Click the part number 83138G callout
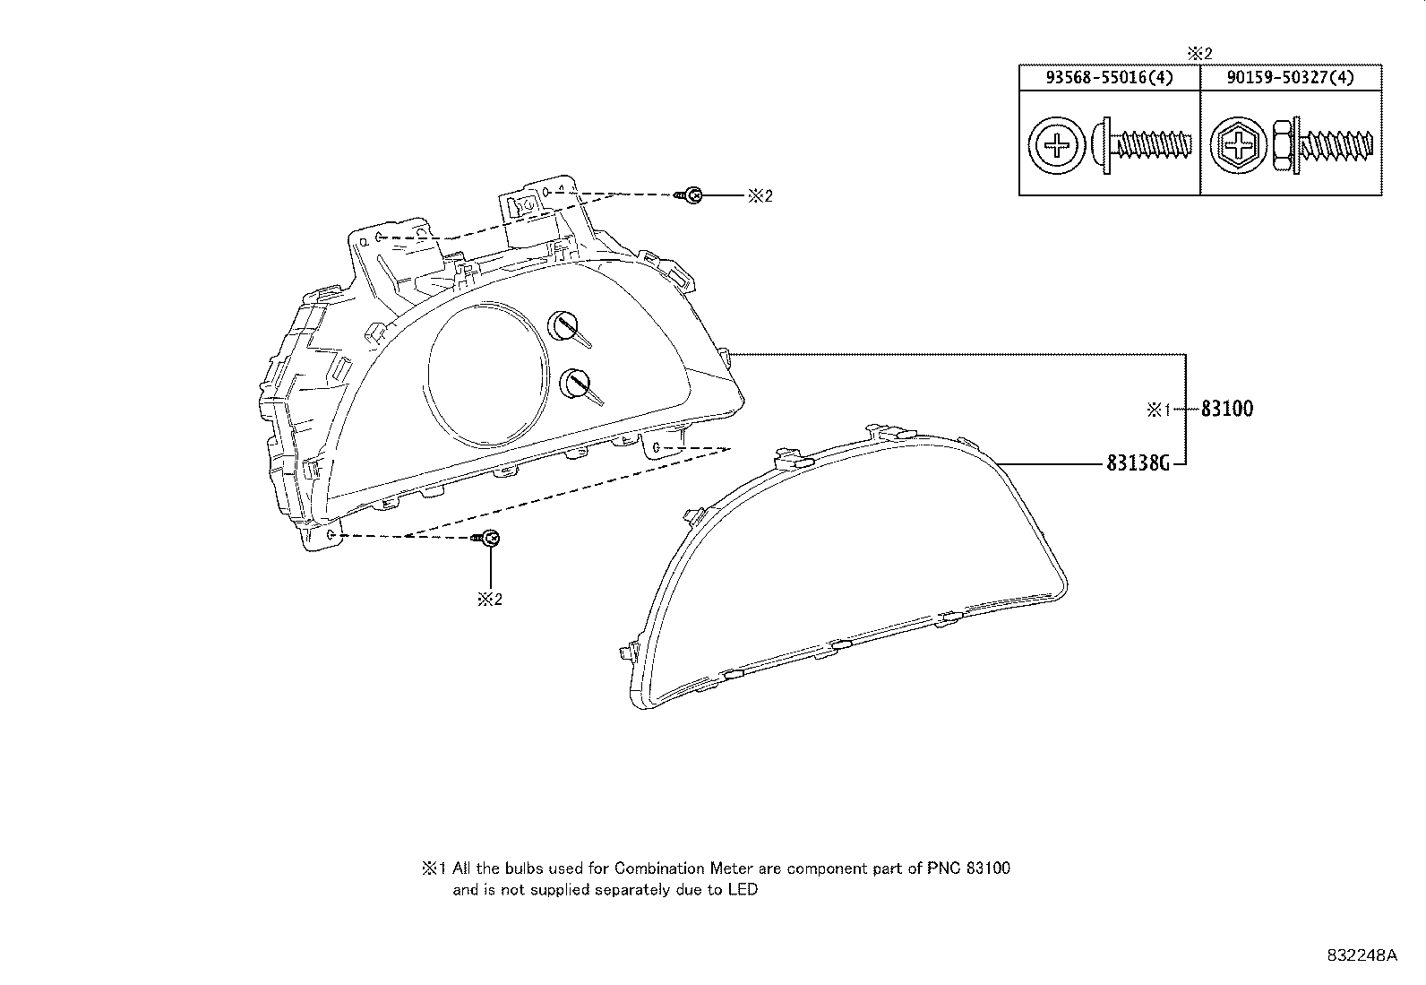[1138, 463]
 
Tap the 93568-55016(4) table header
[1109, 78]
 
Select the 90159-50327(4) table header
[1290, 78]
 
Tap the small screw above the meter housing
[691, 194]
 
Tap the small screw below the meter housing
[488, 538]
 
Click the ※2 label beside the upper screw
[759, 195]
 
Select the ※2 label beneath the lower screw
[489, 600]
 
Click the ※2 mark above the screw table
[1199, 54]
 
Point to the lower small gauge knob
[574, 384]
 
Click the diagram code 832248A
[1362, 955]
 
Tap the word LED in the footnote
[743, 890]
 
